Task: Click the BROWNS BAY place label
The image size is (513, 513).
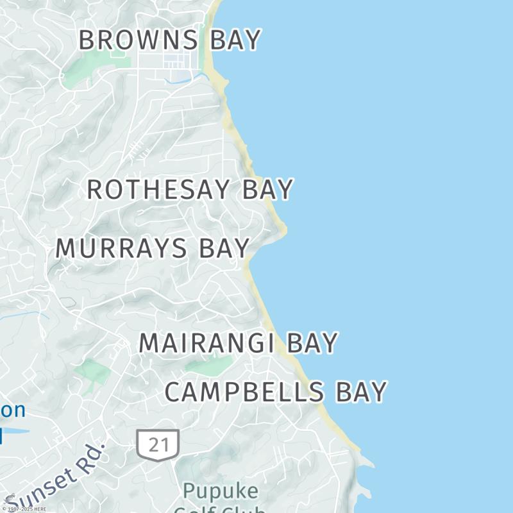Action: (x=169, y=40)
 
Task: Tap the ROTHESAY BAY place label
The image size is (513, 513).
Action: (x=190, y=190)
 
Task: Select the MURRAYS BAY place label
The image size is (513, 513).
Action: (x=153, y=248)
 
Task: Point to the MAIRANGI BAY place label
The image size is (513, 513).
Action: (x=238, y=343)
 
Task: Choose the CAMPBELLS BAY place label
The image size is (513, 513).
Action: (x=276, y=392)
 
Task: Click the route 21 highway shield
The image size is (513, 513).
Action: (x=157, y=444)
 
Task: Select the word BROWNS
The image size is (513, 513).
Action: (x=138, y=40)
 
